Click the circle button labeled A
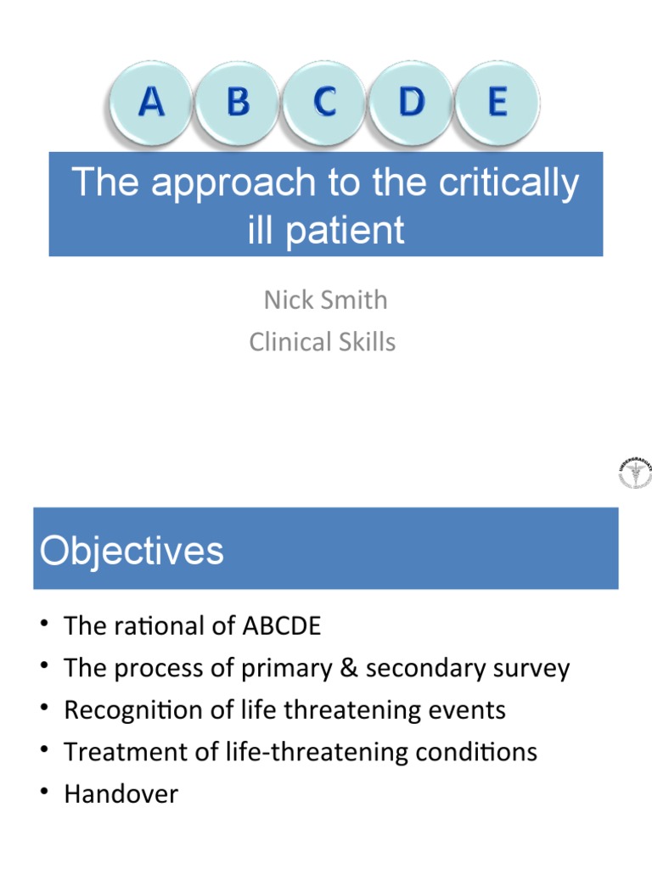point(151,104)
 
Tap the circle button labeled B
point(238,104)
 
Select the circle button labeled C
point(324,104)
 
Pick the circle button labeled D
point(411,104)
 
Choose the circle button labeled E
point(497,104)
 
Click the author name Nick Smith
point(325,300)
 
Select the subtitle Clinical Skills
point(323,341)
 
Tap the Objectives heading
point(132,551)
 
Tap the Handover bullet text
point(121,793)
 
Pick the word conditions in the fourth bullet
point(480,752)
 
